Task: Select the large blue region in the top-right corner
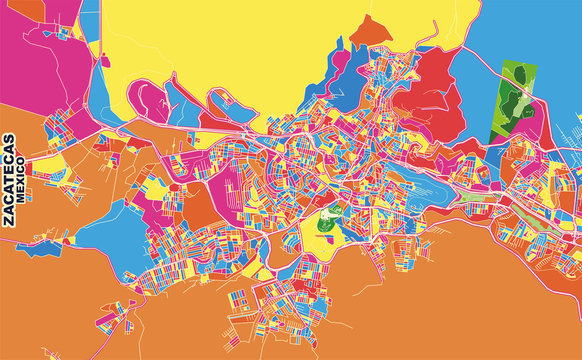pyautogui.click(x=540, y=40)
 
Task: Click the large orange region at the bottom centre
pyautogui.click(x=400, y=310)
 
